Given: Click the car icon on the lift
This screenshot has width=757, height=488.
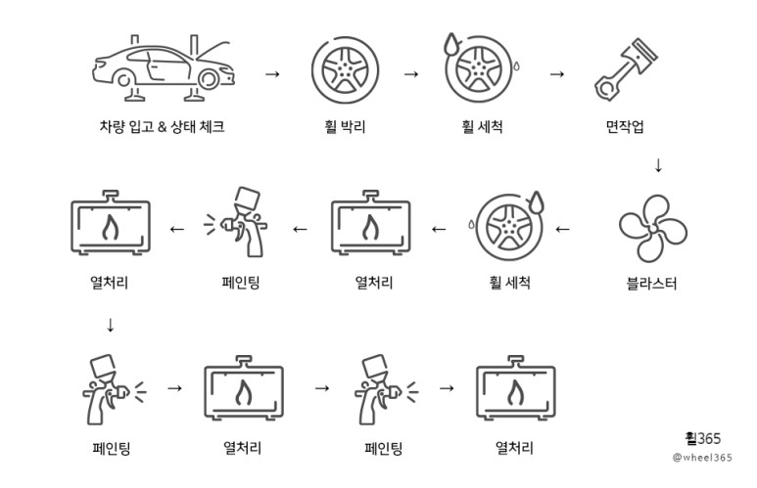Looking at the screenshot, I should click(162, 67).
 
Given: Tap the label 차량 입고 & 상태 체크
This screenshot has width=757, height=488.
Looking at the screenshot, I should click(162, 125).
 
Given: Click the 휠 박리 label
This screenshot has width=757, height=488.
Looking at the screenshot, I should click(345, 126).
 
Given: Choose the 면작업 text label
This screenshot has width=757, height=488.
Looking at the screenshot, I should click(625, 126).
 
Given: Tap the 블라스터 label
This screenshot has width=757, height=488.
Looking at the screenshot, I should click(651, 284).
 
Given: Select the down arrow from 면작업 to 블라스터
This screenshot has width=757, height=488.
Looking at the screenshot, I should click(658, 164).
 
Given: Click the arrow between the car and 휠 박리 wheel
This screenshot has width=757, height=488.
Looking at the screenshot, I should click(272, 73).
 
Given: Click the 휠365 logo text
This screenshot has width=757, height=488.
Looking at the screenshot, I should click(702, 439).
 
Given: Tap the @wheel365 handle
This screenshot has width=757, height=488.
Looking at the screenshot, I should click(702, 458).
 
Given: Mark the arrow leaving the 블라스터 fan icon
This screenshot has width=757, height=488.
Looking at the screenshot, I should click(562, 230).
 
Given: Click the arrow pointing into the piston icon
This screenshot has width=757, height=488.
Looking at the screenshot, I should click(557, 73).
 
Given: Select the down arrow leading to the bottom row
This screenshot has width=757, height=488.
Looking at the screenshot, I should click(110, 325).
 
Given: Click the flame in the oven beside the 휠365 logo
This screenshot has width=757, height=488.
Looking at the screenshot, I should click(514, 393).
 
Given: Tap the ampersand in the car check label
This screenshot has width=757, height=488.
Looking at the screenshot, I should click(164, 126).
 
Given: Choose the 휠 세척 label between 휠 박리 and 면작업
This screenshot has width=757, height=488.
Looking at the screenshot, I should click(482, 126).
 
